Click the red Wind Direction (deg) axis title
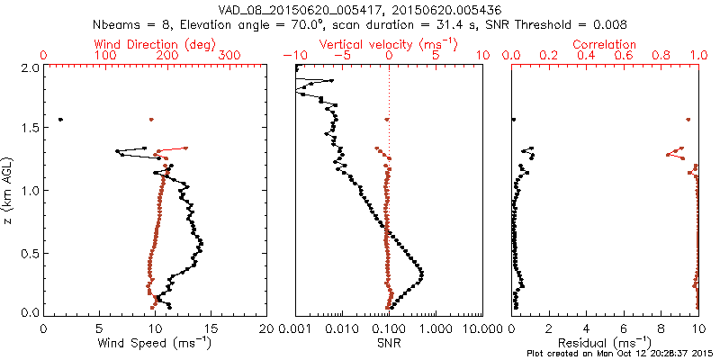155,44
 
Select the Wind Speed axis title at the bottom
155,344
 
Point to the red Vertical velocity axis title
388,44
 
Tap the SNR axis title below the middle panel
388,344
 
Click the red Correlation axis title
605,44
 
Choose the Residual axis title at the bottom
605,344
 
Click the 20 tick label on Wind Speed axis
266,329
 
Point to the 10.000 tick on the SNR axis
482,329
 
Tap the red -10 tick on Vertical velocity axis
295,56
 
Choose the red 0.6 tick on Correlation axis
624,56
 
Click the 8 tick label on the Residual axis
661,329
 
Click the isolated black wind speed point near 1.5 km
60,120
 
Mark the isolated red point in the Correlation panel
688,120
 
